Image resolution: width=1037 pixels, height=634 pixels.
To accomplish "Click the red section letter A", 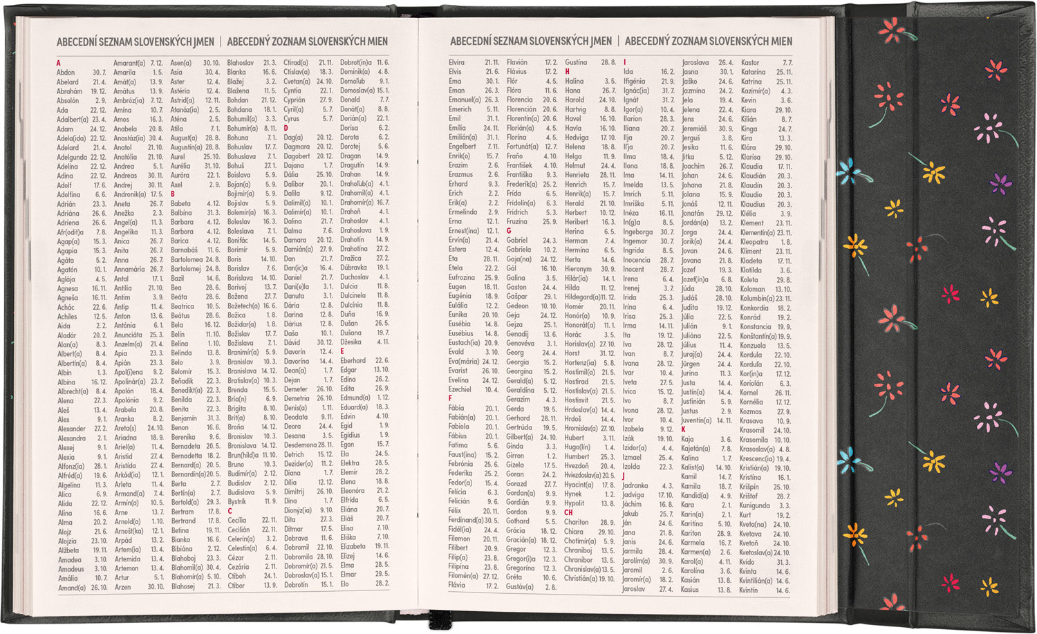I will click(59, 63).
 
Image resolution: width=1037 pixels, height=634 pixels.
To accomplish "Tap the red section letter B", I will click(173, 194).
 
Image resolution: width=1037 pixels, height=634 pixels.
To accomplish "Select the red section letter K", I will click(683, 429).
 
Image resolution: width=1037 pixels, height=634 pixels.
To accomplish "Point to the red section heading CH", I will click(568, 512).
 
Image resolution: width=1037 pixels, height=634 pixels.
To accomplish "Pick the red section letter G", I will click(509, 231).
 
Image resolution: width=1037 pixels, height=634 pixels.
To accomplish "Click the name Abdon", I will click(66, 73).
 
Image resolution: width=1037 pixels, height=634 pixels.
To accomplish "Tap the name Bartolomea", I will click(187, 260).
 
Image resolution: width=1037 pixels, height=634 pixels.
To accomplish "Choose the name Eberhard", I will click(353, 360).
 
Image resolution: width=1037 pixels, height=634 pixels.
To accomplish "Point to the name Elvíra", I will click(456, 62).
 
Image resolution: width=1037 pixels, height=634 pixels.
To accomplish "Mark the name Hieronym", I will click(578, 269).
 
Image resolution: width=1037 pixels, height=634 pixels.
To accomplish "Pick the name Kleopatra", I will click(754, 242).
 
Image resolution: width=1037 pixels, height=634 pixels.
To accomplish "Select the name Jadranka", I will click(635, 485).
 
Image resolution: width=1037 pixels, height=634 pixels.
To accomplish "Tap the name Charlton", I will click(576, 522).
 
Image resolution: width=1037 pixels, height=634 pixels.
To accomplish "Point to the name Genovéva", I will click(520, 343).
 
